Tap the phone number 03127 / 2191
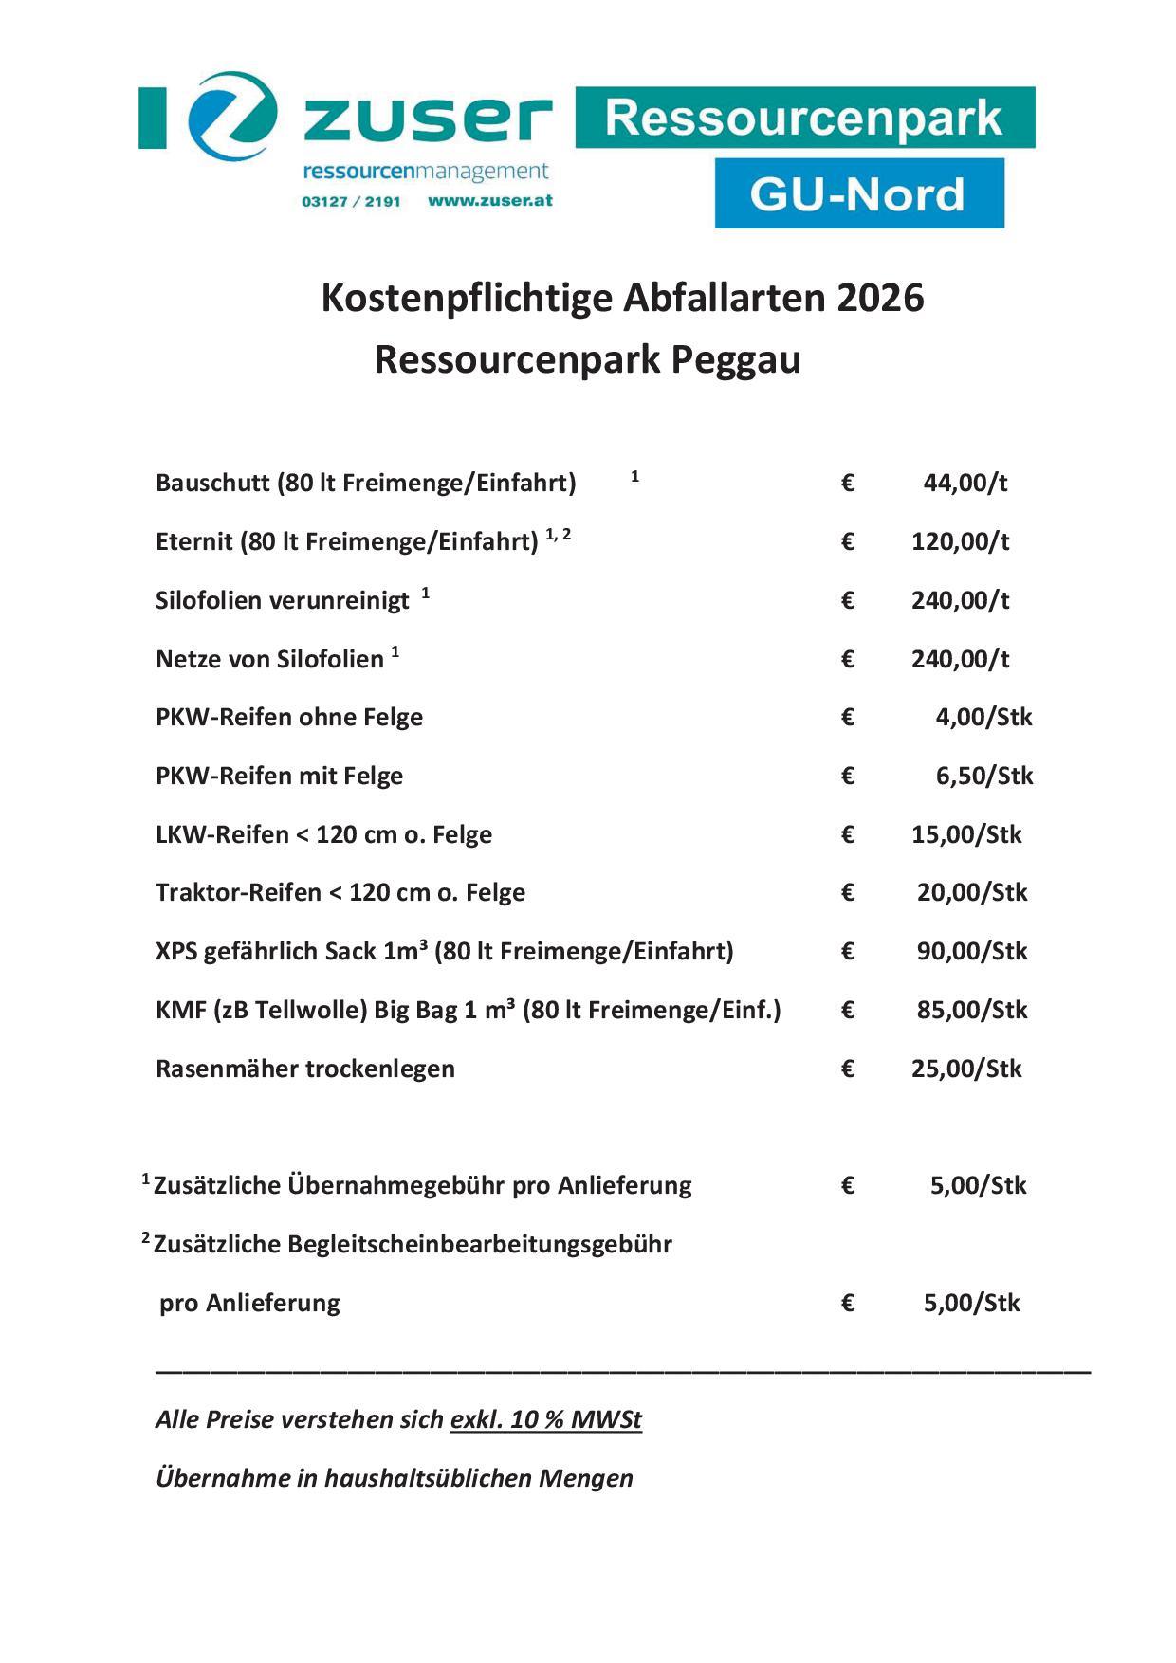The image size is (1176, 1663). point(351,202)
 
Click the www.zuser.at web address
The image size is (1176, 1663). point(489,201)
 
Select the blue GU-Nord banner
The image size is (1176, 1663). point(858,193)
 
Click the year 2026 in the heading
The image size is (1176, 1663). point(879,299)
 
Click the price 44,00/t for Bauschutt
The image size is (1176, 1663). point(965,484)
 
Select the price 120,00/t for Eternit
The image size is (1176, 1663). point(960,542)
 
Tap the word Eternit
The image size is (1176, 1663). point(193,542)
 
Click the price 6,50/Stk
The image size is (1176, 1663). point(983,777)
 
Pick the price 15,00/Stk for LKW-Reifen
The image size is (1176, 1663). point(966,835)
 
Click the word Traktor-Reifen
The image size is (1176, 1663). point(238,893)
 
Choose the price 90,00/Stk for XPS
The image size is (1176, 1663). point(971,952)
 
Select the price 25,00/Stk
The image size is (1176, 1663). point(966,1069)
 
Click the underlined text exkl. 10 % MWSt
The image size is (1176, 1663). point(545,1420)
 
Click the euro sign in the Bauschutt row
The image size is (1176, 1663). point(848,484)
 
